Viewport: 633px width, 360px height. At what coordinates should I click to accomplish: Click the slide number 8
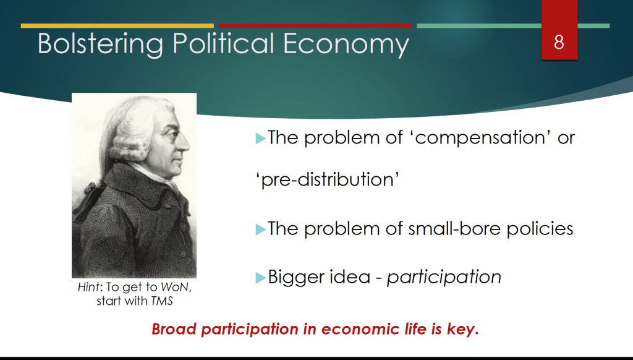pyautogui.click(x=559, y=42)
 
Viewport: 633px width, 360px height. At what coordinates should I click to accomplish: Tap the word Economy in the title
pyautogui.click(x=346, y=45)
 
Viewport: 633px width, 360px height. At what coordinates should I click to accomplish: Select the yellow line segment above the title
pyautogui.click(x=117, y=26)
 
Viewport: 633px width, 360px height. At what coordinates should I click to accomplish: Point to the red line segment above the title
pyautogui.click(x=315, y=26)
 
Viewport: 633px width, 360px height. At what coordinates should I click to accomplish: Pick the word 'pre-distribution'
pyautogui.click(x=328, y=179)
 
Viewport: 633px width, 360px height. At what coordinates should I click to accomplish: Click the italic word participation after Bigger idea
pyautogui.click(x=444, y=278)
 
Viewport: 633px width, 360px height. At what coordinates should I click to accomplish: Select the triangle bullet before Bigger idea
pyautogui.click(x=261, y=278)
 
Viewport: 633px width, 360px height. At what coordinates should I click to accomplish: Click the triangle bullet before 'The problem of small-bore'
pyautogui.click(x=261, y=229)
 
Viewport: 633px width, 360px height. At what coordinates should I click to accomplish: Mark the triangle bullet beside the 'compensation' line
pyautogui.click(x=261, y=139)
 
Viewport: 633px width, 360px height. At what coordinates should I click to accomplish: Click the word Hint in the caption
pyautogui.click(x=88, y=287)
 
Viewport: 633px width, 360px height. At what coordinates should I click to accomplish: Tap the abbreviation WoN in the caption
pyautogui.click(x=175, y=287)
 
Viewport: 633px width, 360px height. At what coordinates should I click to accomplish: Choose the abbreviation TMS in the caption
pyautogui.click(x=162, y=301)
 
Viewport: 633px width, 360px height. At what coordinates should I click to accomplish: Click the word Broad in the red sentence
pyautogui.click(x=174, y=329)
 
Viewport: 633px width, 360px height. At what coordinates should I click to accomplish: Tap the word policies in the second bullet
pyautogui.click(x=540, y=229)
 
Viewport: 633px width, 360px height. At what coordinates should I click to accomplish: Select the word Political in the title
pyautogui.click(x=223, y=44)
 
